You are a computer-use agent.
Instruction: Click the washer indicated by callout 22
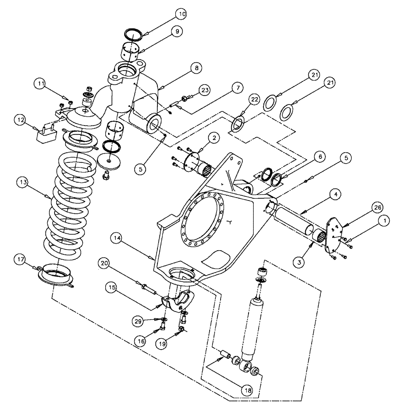238,124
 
